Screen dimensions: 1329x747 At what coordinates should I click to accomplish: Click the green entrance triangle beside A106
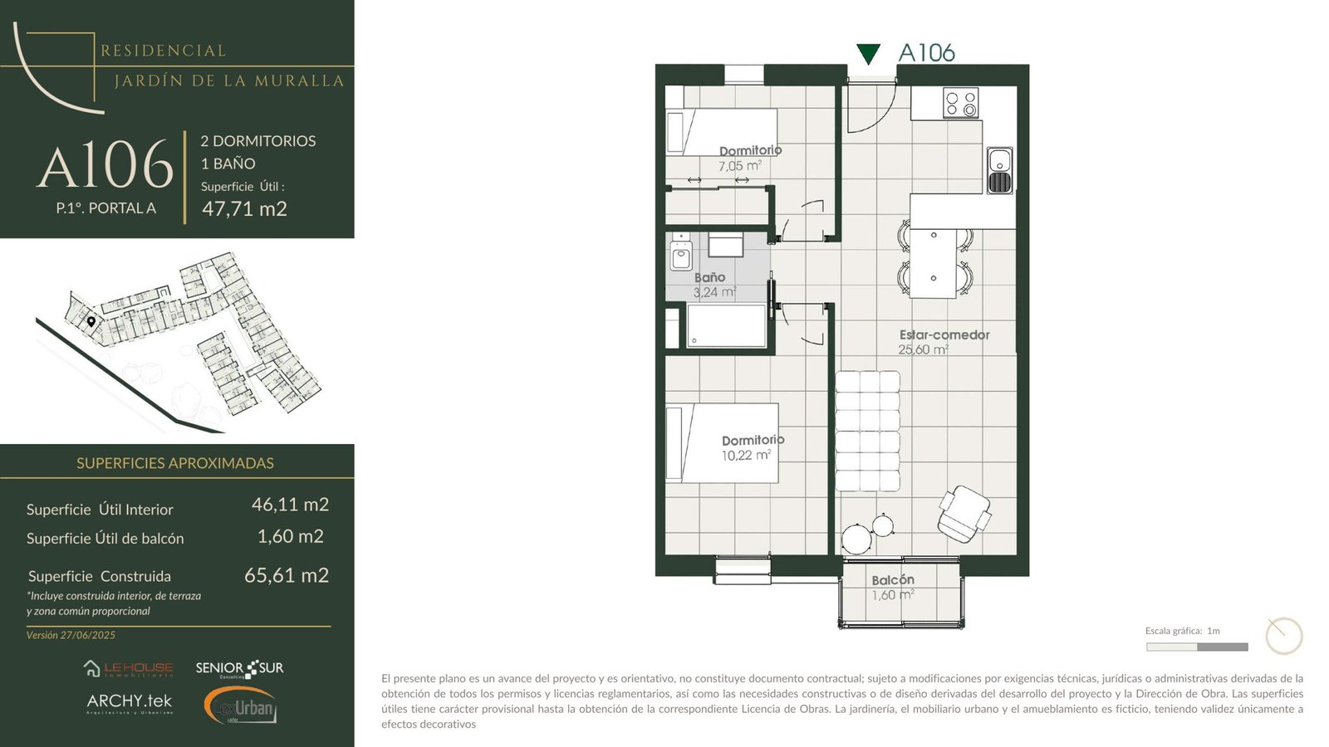(868, 54)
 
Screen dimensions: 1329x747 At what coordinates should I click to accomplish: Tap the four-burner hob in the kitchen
(960, 103)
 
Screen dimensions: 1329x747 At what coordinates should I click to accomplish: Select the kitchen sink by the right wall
(1000, 170)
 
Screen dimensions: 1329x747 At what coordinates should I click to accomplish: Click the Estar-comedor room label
(944, 335)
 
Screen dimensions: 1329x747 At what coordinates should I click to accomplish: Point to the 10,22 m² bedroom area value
(746, 456)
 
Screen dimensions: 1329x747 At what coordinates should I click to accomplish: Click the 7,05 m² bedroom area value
(739, 166)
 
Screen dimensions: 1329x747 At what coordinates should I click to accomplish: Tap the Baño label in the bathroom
(709, 277)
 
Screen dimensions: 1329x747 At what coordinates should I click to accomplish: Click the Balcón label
(893, 580)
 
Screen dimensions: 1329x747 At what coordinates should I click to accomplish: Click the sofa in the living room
(867, 431)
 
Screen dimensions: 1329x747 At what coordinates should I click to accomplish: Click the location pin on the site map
(91, 322)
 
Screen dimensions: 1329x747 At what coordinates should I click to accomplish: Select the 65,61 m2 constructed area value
(287, 576)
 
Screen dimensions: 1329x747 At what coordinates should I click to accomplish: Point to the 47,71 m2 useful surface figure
(244, 208)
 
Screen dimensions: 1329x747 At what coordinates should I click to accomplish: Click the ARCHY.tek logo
(130, 703)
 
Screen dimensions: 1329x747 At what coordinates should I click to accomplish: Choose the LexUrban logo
(241, 705)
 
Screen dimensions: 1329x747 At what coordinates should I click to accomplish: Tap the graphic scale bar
(1197, 647)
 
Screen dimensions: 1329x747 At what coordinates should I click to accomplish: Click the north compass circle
(1284, 636)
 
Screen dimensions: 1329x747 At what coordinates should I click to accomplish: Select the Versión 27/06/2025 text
(71, 635)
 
